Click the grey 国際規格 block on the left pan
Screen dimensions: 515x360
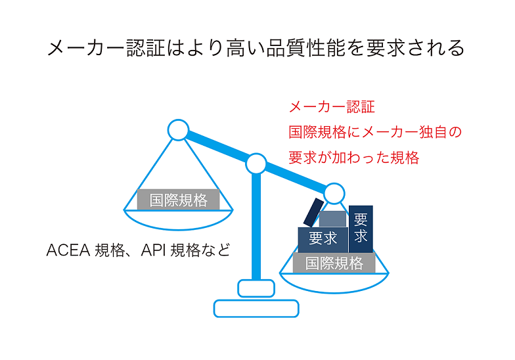179,200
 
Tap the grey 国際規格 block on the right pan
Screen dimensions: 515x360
334,263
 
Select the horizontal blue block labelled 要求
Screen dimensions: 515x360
323,240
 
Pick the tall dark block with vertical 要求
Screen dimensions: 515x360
361,229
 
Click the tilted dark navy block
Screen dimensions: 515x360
314,213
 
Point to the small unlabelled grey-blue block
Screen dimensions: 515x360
332,219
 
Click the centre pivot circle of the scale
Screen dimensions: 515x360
256,164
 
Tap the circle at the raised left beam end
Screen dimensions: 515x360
179,130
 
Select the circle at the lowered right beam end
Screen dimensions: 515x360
334,193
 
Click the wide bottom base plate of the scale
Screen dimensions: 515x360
256,309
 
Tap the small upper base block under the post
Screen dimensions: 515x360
256,288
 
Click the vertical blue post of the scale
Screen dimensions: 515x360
256,227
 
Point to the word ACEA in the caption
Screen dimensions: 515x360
68,250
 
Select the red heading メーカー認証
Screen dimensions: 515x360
332,107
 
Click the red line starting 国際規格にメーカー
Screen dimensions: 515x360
375,132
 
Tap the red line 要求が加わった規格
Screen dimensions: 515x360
353,158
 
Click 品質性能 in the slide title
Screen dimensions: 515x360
305,48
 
